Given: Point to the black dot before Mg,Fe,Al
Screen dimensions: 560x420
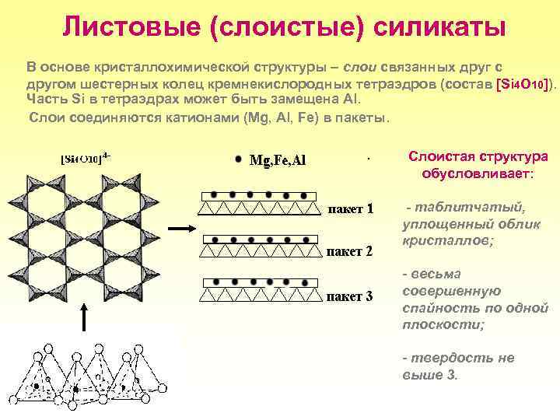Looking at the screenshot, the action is click(238, 159).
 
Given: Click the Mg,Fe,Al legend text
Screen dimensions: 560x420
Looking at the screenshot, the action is click(278, 161).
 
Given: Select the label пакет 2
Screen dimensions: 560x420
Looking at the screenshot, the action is click(349, 252).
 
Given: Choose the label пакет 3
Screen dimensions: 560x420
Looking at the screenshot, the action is click(349, 296).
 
